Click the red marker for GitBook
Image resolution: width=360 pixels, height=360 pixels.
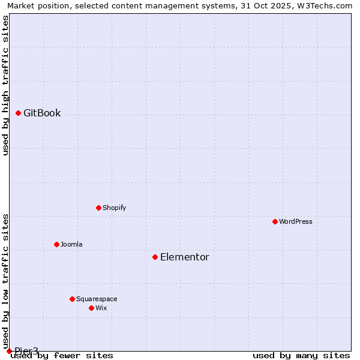tap(19, 113)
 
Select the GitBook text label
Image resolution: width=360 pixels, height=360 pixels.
tap(42, 113)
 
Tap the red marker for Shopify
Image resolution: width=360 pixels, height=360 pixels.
tap(99, 208)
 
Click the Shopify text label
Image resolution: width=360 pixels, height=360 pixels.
tap(114, 208)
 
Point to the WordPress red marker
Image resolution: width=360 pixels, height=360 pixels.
tap(275, 221)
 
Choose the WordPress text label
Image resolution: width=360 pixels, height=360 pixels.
tap(296, 222)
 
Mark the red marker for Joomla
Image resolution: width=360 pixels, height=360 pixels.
tap(57, 244)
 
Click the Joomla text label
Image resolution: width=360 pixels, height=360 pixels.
tap(71, 245)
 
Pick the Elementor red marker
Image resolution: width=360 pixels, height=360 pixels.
tap(155, 257)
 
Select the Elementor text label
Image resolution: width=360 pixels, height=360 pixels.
tap(185, 257)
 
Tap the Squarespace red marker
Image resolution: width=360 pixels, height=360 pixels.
tap(73, 299)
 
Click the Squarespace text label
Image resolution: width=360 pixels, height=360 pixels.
tap(97, 299)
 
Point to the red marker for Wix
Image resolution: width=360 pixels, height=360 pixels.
tap(92, 308)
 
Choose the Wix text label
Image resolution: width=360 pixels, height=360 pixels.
tap(101, 308)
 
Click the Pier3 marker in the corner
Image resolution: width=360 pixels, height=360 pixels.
tap(9, 351)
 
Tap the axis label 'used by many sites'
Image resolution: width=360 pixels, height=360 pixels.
tap(301, 356)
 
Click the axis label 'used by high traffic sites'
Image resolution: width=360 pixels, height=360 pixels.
tap(6, 85)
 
